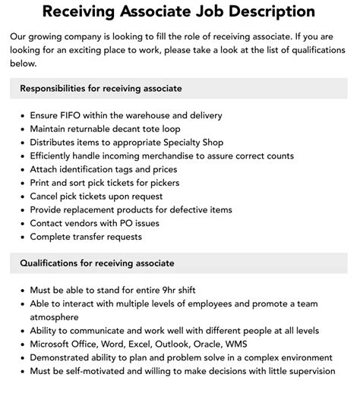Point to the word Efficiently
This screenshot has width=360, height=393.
[x=57, y=156]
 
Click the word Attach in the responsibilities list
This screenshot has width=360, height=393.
[x=46, y=169]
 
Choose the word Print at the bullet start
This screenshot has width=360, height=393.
[x=42, y=183]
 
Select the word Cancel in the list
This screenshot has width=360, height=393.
[x=46, y=196]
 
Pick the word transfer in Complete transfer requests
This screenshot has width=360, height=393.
[x=96, y=237]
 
